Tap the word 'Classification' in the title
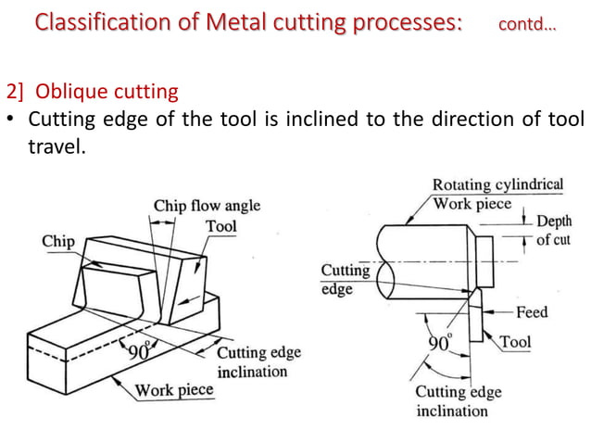[93, 21]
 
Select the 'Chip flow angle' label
[207, 206]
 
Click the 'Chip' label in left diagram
[58, 241]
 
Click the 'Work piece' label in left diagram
[174, 389]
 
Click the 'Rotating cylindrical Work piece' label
[497, 193]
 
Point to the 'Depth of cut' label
[554, 232]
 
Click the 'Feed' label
[532, 312]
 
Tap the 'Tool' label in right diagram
[515, 342]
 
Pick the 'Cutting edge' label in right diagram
[345, 279]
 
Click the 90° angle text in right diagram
[439, 343]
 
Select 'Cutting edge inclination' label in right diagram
[458, 400]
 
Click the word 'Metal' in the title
[231, 21]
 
